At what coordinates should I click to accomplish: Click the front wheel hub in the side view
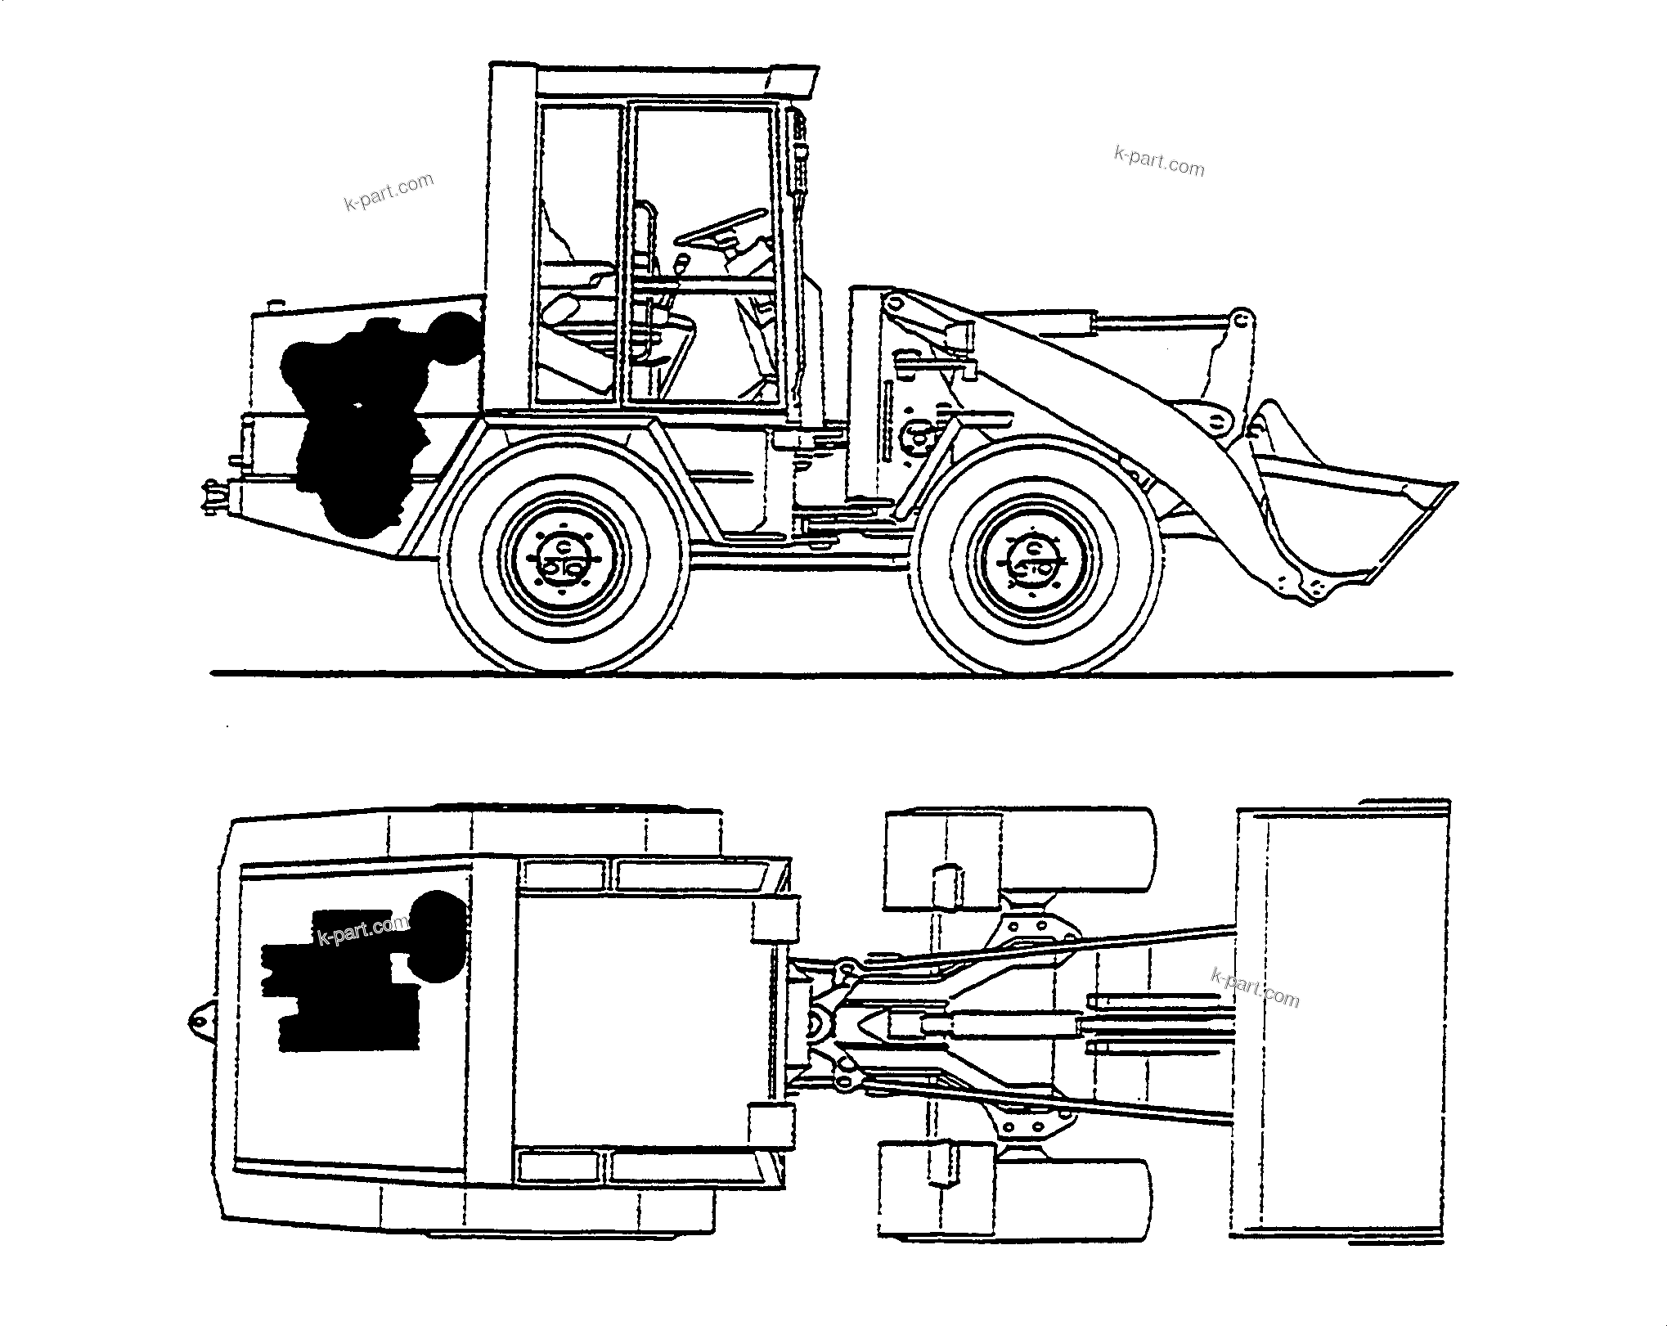(x=1036, y=561)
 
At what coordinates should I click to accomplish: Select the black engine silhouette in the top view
(x=360, y=973)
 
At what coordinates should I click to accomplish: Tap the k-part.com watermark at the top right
(x=1159, y=161)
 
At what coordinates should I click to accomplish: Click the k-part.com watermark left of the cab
(x=389, y=193)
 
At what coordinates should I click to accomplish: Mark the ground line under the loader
(x=831, y=674)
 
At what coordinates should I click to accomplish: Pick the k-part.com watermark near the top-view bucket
(x=1255, y=987)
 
